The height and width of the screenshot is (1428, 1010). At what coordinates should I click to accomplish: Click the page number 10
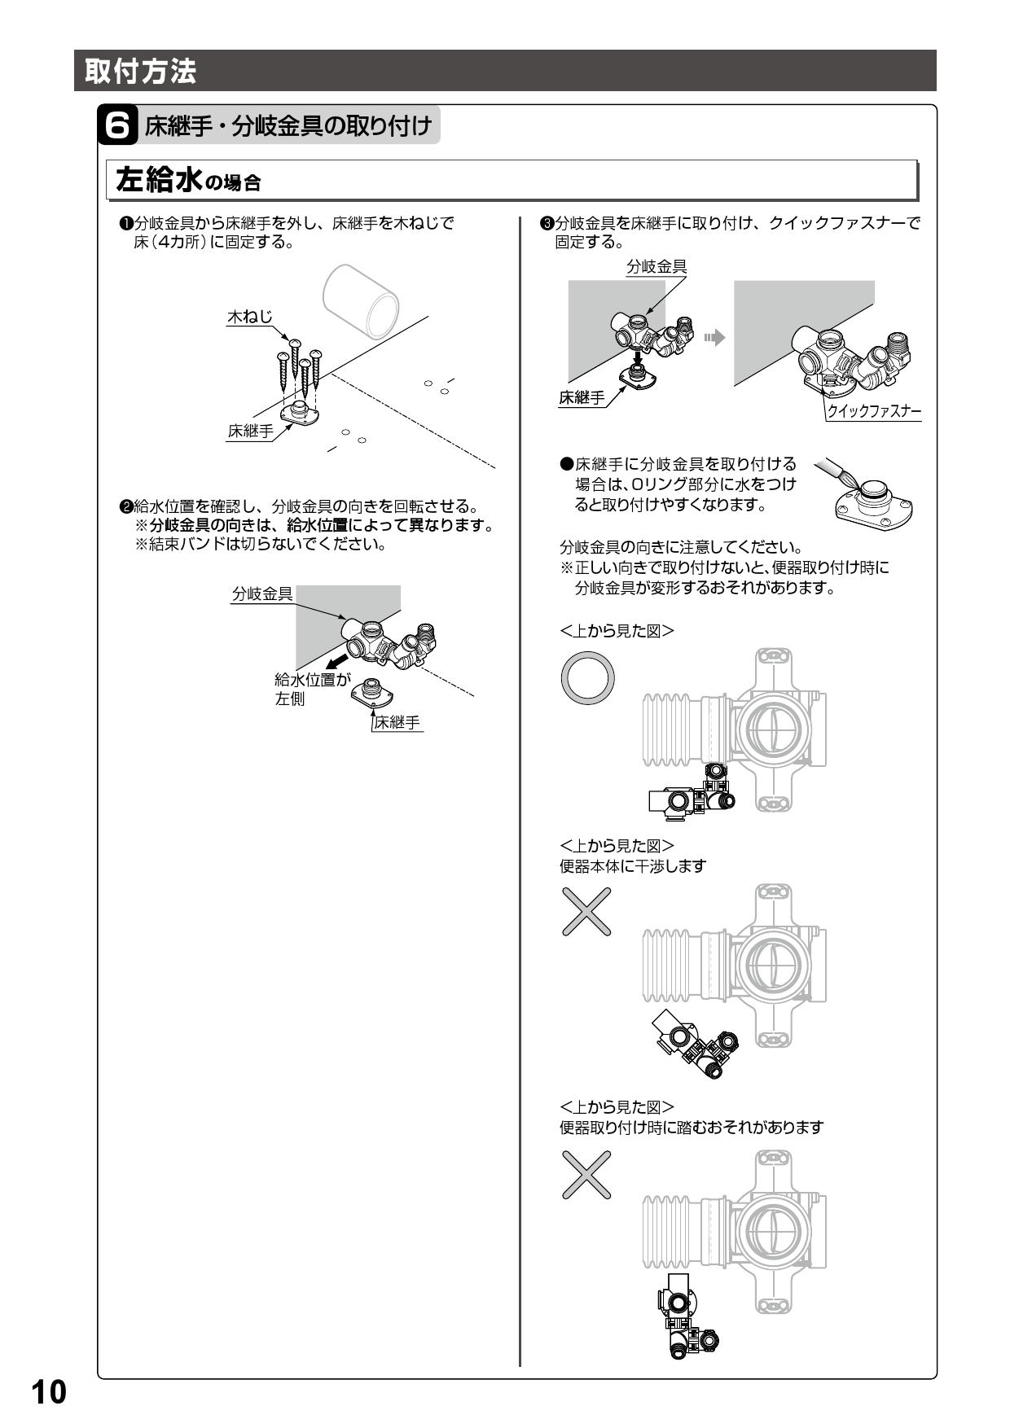click(49, 1391)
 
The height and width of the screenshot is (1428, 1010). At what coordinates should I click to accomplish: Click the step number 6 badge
click(116, 126)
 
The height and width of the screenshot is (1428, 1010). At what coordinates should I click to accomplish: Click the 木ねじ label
click(248, 317)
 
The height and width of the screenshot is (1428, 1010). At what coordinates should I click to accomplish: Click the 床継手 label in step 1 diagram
click(250, 431)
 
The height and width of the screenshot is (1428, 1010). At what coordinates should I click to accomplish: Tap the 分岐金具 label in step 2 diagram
click(262, 594)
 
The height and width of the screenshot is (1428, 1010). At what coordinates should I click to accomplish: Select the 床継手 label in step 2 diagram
click(397, 722)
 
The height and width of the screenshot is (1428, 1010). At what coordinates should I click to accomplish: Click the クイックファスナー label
click(874, 411)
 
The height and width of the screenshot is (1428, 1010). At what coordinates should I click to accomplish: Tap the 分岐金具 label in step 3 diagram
click(656, 266)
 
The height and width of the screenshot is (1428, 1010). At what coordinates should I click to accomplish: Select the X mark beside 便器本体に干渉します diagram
click(586, 910)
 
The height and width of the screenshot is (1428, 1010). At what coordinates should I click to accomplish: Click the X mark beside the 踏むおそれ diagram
click(586, 1174)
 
